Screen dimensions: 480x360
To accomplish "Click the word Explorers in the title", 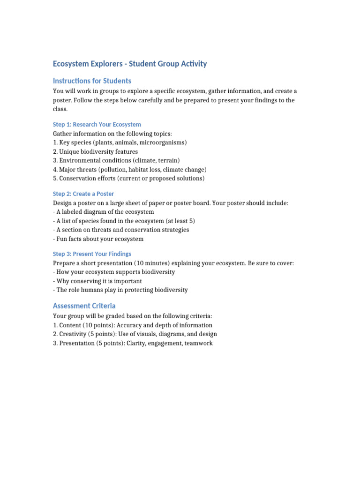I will point(107,64).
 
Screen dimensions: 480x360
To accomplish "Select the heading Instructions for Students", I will point(92,81).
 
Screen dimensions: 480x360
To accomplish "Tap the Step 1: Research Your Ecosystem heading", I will point(97,125).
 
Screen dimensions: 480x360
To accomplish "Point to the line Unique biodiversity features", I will point(96,151).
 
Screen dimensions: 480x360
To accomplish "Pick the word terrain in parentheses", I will point(168,160).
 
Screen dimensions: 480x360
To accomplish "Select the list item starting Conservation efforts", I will point(129,179).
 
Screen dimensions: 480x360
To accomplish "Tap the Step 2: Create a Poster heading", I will point(83,194).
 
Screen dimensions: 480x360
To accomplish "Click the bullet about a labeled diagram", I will point(104,212).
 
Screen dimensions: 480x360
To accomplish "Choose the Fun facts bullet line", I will point(98,239).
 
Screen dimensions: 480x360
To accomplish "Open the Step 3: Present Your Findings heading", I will point(92,254).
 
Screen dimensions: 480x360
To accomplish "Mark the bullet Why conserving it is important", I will point(97,281).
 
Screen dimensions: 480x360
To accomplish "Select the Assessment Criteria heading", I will point(84,306).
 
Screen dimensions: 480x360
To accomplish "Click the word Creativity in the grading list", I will point(73,334).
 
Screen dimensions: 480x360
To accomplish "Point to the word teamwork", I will point(198,343).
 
